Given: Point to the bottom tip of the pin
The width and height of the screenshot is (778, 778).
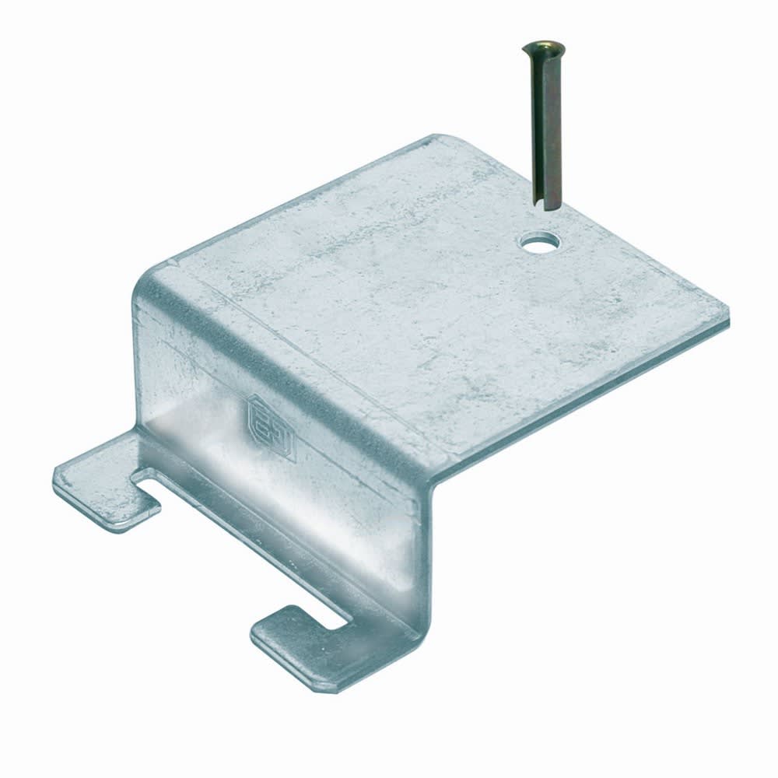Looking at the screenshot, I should [545, 203].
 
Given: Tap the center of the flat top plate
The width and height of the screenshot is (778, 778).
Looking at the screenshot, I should [436, 303].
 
